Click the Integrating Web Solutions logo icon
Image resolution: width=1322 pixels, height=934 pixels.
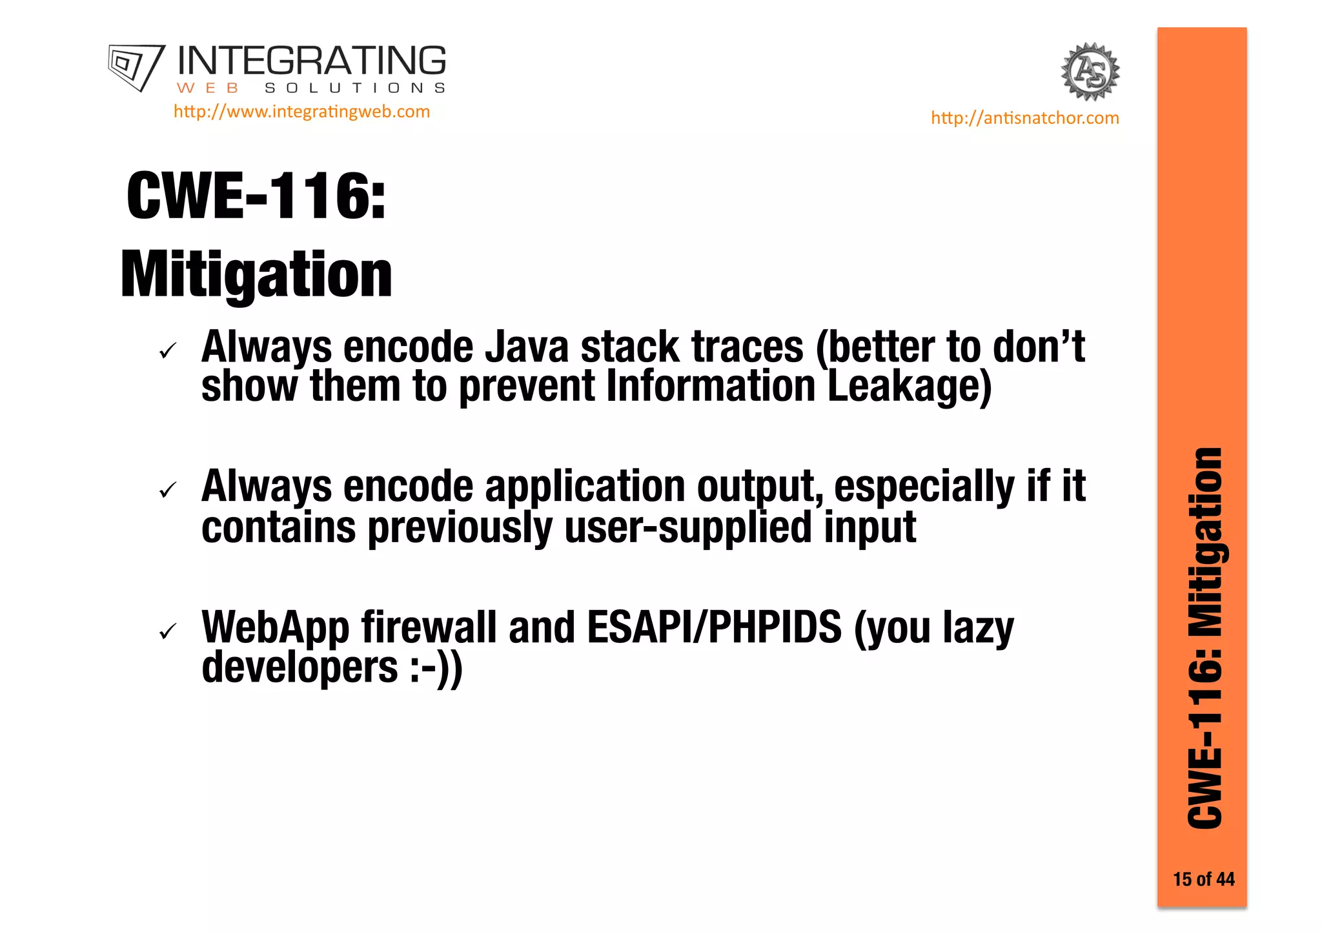(136, 67)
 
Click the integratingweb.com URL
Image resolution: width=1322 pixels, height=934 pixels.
(301, 112)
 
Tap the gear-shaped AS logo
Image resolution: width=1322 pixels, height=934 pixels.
(1090, 72)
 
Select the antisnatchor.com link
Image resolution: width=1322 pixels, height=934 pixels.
(1024, 118)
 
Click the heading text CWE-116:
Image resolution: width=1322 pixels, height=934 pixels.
(256, 196)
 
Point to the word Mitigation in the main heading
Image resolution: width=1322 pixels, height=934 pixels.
(256, 275)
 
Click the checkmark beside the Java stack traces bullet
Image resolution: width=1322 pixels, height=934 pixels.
(168, 351)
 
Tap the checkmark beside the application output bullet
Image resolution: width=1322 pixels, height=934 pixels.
(168, 491)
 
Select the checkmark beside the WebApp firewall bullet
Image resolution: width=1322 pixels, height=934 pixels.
(168, 631)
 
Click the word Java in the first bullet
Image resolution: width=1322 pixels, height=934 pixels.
(526, 347)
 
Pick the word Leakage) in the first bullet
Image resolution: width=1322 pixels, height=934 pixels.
(909, 387)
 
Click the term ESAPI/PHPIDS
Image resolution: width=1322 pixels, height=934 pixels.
(715, 627)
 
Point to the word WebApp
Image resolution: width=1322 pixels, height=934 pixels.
(276, 627)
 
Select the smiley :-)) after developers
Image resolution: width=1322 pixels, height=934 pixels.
(436, 669)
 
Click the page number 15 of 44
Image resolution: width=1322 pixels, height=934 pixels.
(1203, 879)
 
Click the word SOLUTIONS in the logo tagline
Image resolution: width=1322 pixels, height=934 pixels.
(355, 88)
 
